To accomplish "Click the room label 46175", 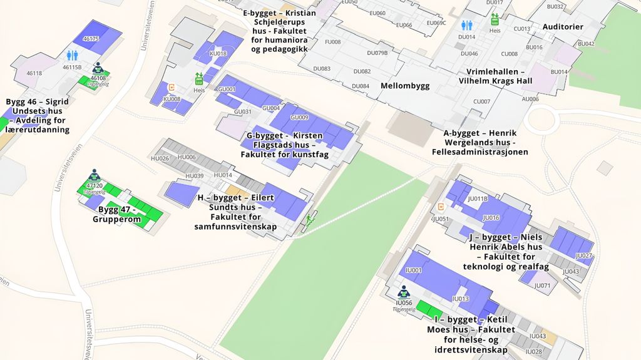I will pos(91,39).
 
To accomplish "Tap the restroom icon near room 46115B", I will pos(72,56).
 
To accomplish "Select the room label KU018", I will pos(218,54).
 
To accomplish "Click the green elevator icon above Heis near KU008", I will pos(199,78).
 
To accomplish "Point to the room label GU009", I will pos(299,117).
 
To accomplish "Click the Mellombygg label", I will pos(405,86).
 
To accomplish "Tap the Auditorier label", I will pos(563,27).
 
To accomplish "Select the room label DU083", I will pos(322,68).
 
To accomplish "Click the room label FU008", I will pos(332,42).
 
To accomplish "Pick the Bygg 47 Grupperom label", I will pos(117,214).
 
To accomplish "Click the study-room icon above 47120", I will pos(95,175).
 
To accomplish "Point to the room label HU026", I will pos(160,158).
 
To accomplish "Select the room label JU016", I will pos(491,218).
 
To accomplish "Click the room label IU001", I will pos(414,270).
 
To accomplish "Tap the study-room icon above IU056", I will pos(404,292).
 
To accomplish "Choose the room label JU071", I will pos(543,285).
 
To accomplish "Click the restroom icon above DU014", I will pos(467,25).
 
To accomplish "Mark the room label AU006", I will pos(530,99).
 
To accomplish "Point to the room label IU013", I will pos(461,299).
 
